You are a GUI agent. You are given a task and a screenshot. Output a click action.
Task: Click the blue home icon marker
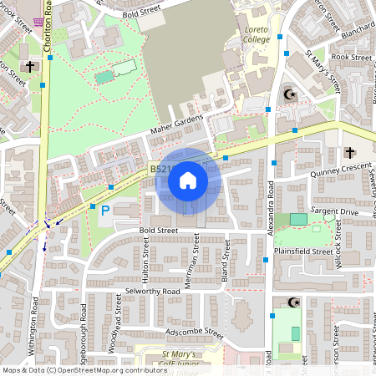(188, 180)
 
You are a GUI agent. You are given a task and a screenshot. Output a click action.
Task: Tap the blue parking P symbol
(104, 211)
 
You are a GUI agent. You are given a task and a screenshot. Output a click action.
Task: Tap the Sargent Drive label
(334, 213)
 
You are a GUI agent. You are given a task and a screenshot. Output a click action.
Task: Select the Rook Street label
(351, 58)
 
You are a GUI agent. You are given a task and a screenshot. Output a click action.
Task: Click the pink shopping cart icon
(38, 23)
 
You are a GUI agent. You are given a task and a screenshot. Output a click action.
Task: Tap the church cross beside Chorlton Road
(29, 66)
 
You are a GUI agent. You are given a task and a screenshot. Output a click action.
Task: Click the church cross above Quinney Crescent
(349, 153)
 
